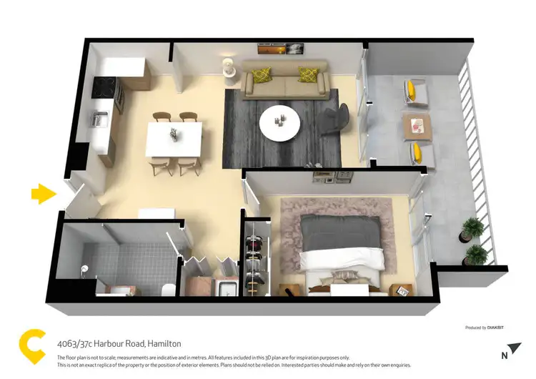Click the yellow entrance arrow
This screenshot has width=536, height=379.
click(x=44, y=193)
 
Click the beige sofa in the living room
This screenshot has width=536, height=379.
click(x=285, y=81)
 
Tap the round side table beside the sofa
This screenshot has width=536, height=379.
click(x=229, y=67)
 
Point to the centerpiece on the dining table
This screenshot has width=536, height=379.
click(x=174, y=133)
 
